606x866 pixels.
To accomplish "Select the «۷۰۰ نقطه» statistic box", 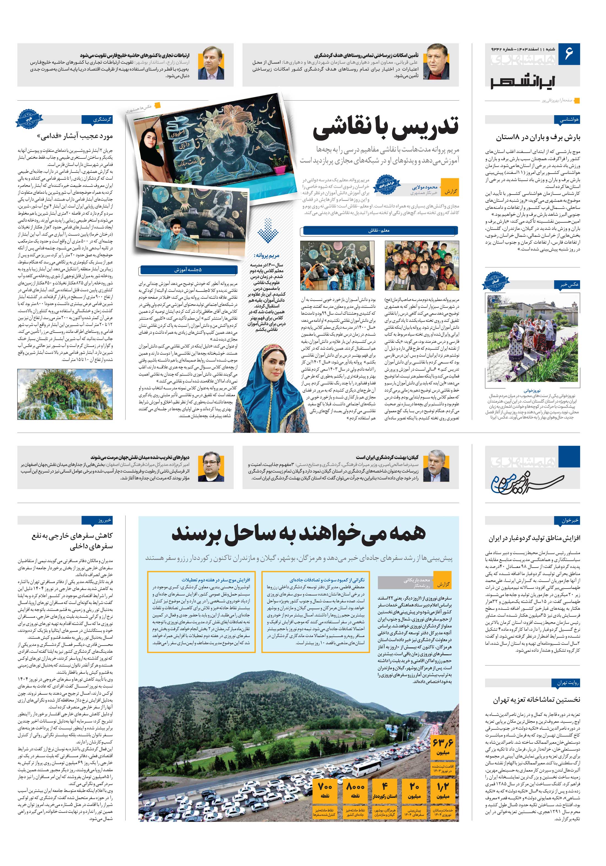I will [x=325, y=795].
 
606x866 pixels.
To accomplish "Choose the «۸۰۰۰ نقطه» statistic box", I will [x=355, y=795].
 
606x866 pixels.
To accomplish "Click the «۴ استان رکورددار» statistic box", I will [x=385, y=795].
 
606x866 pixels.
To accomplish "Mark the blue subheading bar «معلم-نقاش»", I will [x=379, y=230].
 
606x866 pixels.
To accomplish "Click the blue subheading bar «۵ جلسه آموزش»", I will [x=188, y=270].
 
